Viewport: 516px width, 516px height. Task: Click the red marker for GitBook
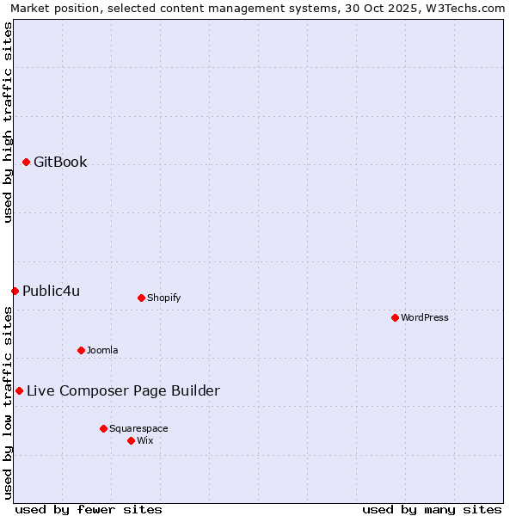(x=26, y=162)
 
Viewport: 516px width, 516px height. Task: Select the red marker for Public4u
(x=15, y=291)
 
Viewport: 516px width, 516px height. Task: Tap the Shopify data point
(x=141, y=298)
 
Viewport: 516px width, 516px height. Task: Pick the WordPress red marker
(x=395, y=317)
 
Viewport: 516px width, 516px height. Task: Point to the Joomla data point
(x=81, y=350)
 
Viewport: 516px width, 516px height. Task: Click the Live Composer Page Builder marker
(x=19, y=390)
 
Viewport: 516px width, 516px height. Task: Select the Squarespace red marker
(x=103, y=428)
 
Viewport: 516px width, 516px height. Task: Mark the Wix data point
(x=131, y=440)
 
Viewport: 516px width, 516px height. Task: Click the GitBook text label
(x=60, y=162)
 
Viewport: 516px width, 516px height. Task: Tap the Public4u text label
(x=51, y=291)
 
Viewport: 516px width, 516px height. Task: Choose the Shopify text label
(x=163, y=298)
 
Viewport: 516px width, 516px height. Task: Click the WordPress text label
(x=424, y=317)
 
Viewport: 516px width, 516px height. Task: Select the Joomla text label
(x=102, y=350)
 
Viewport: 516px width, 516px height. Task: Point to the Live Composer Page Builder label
(x=123, y=390)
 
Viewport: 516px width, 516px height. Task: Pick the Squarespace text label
(x=138, y=428)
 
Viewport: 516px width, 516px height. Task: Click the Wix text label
(x=144, y=440)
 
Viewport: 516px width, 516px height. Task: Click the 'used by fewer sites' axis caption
(x=89, y=509)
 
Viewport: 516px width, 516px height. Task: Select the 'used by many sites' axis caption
(x=432, y=509)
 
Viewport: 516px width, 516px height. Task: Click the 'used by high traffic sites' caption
(x=8, y=122)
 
